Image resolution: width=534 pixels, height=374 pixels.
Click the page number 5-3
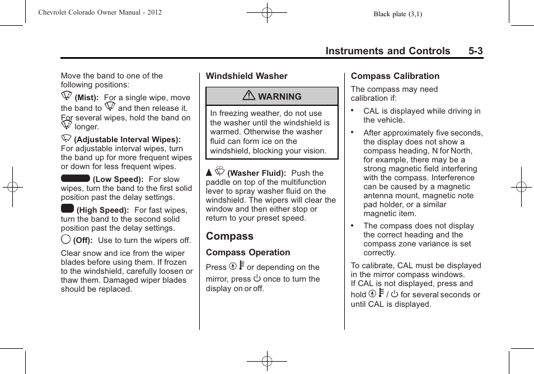click(476, 51)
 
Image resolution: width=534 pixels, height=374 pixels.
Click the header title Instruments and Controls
click(387, 51)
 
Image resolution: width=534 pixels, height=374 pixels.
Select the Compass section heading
click(229, 236)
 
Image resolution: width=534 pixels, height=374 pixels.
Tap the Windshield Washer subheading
click(246, 76)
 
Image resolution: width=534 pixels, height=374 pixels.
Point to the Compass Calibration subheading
click(395, 76)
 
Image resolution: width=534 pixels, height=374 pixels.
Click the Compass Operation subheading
click(248, 253)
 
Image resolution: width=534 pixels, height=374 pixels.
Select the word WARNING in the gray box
click(279, 97)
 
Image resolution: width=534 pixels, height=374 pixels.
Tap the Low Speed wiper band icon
click(75, 178)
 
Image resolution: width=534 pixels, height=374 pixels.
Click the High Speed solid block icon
click(67, 209)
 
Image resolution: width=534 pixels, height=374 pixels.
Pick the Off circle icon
click(65, 240)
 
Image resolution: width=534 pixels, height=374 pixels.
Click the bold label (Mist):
click(87, 98)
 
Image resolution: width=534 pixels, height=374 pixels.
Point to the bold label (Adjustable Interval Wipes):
click(127, 139)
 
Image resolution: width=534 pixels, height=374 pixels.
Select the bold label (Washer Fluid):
click(256, 174)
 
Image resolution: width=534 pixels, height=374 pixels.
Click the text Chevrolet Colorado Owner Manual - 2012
click(100, 12)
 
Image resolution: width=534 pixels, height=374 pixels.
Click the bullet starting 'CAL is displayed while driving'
click(421, 115)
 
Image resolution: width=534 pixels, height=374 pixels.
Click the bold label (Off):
click(83, 241)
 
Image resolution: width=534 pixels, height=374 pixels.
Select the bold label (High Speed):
click(103, 211)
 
